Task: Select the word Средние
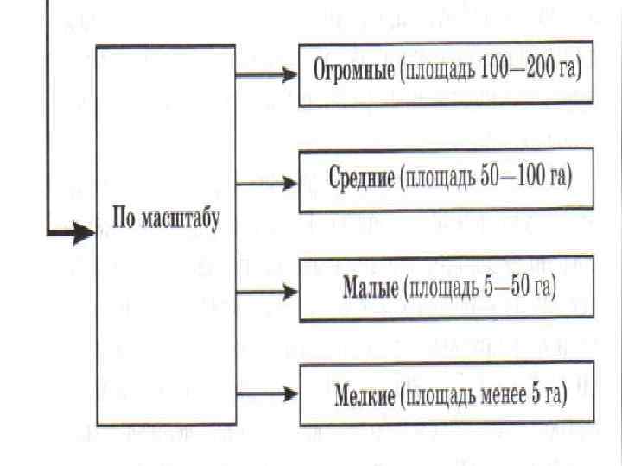tap(362, 178)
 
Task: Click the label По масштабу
tap(167, 216)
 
